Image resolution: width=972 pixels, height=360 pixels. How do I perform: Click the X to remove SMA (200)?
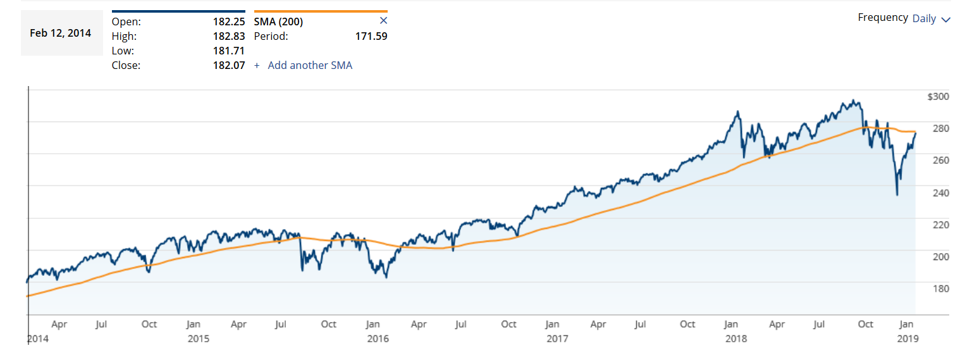click(x=383, y=21)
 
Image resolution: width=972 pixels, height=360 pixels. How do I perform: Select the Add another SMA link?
click(x=309, y=65)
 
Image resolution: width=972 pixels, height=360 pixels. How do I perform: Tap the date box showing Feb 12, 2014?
click(x=61, y=33)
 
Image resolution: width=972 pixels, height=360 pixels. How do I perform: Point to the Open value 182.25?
click(x=228, y=22)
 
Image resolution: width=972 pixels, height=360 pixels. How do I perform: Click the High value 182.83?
click(x=228, y=36)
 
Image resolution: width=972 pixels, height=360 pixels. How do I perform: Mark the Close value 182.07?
click(x=228, y=65)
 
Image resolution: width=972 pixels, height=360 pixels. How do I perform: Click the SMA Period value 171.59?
click(x=371, y=36)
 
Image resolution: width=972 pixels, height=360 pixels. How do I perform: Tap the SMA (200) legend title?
click(x=278, y=22)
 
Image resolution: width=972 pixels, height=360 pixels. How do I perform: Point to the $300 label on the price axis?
click(x=938, y=97)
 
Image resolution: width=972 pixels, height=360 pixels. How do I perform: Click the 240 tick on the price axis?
click(x=941, y=192)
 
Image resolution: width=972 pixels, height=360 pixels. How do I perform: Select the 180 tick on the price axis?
click(x=941, y=289)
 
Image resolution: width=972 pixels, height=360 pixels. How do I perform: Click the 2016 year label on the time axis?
click(x=378, y=338)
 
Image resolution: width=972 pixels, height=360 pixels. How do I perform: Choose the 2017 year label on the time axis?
click(x=557, y=338)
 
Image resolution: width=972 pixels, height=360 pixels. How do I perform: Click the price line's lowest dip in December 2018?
click(x=897, y=195)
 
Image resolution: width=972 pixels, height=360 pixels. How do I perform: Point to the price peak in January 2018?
click(x=737, y=112)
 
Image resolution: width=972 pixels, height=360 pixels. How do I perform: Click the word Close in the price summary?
click(x=126, y=65)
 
